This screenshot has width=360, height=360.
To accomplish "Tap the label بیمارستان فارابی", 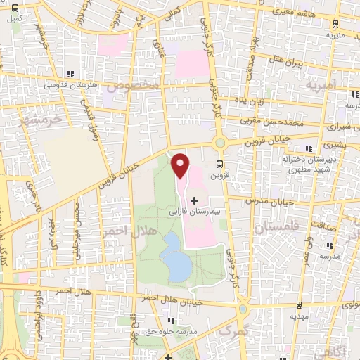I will [x=195, y=210].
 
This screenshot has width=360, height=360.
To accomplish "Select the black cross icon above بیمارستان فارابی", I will [x=195, y=200].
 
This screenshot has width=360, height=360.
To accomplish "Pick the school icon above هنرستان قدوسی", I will [x=69, y=75].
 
